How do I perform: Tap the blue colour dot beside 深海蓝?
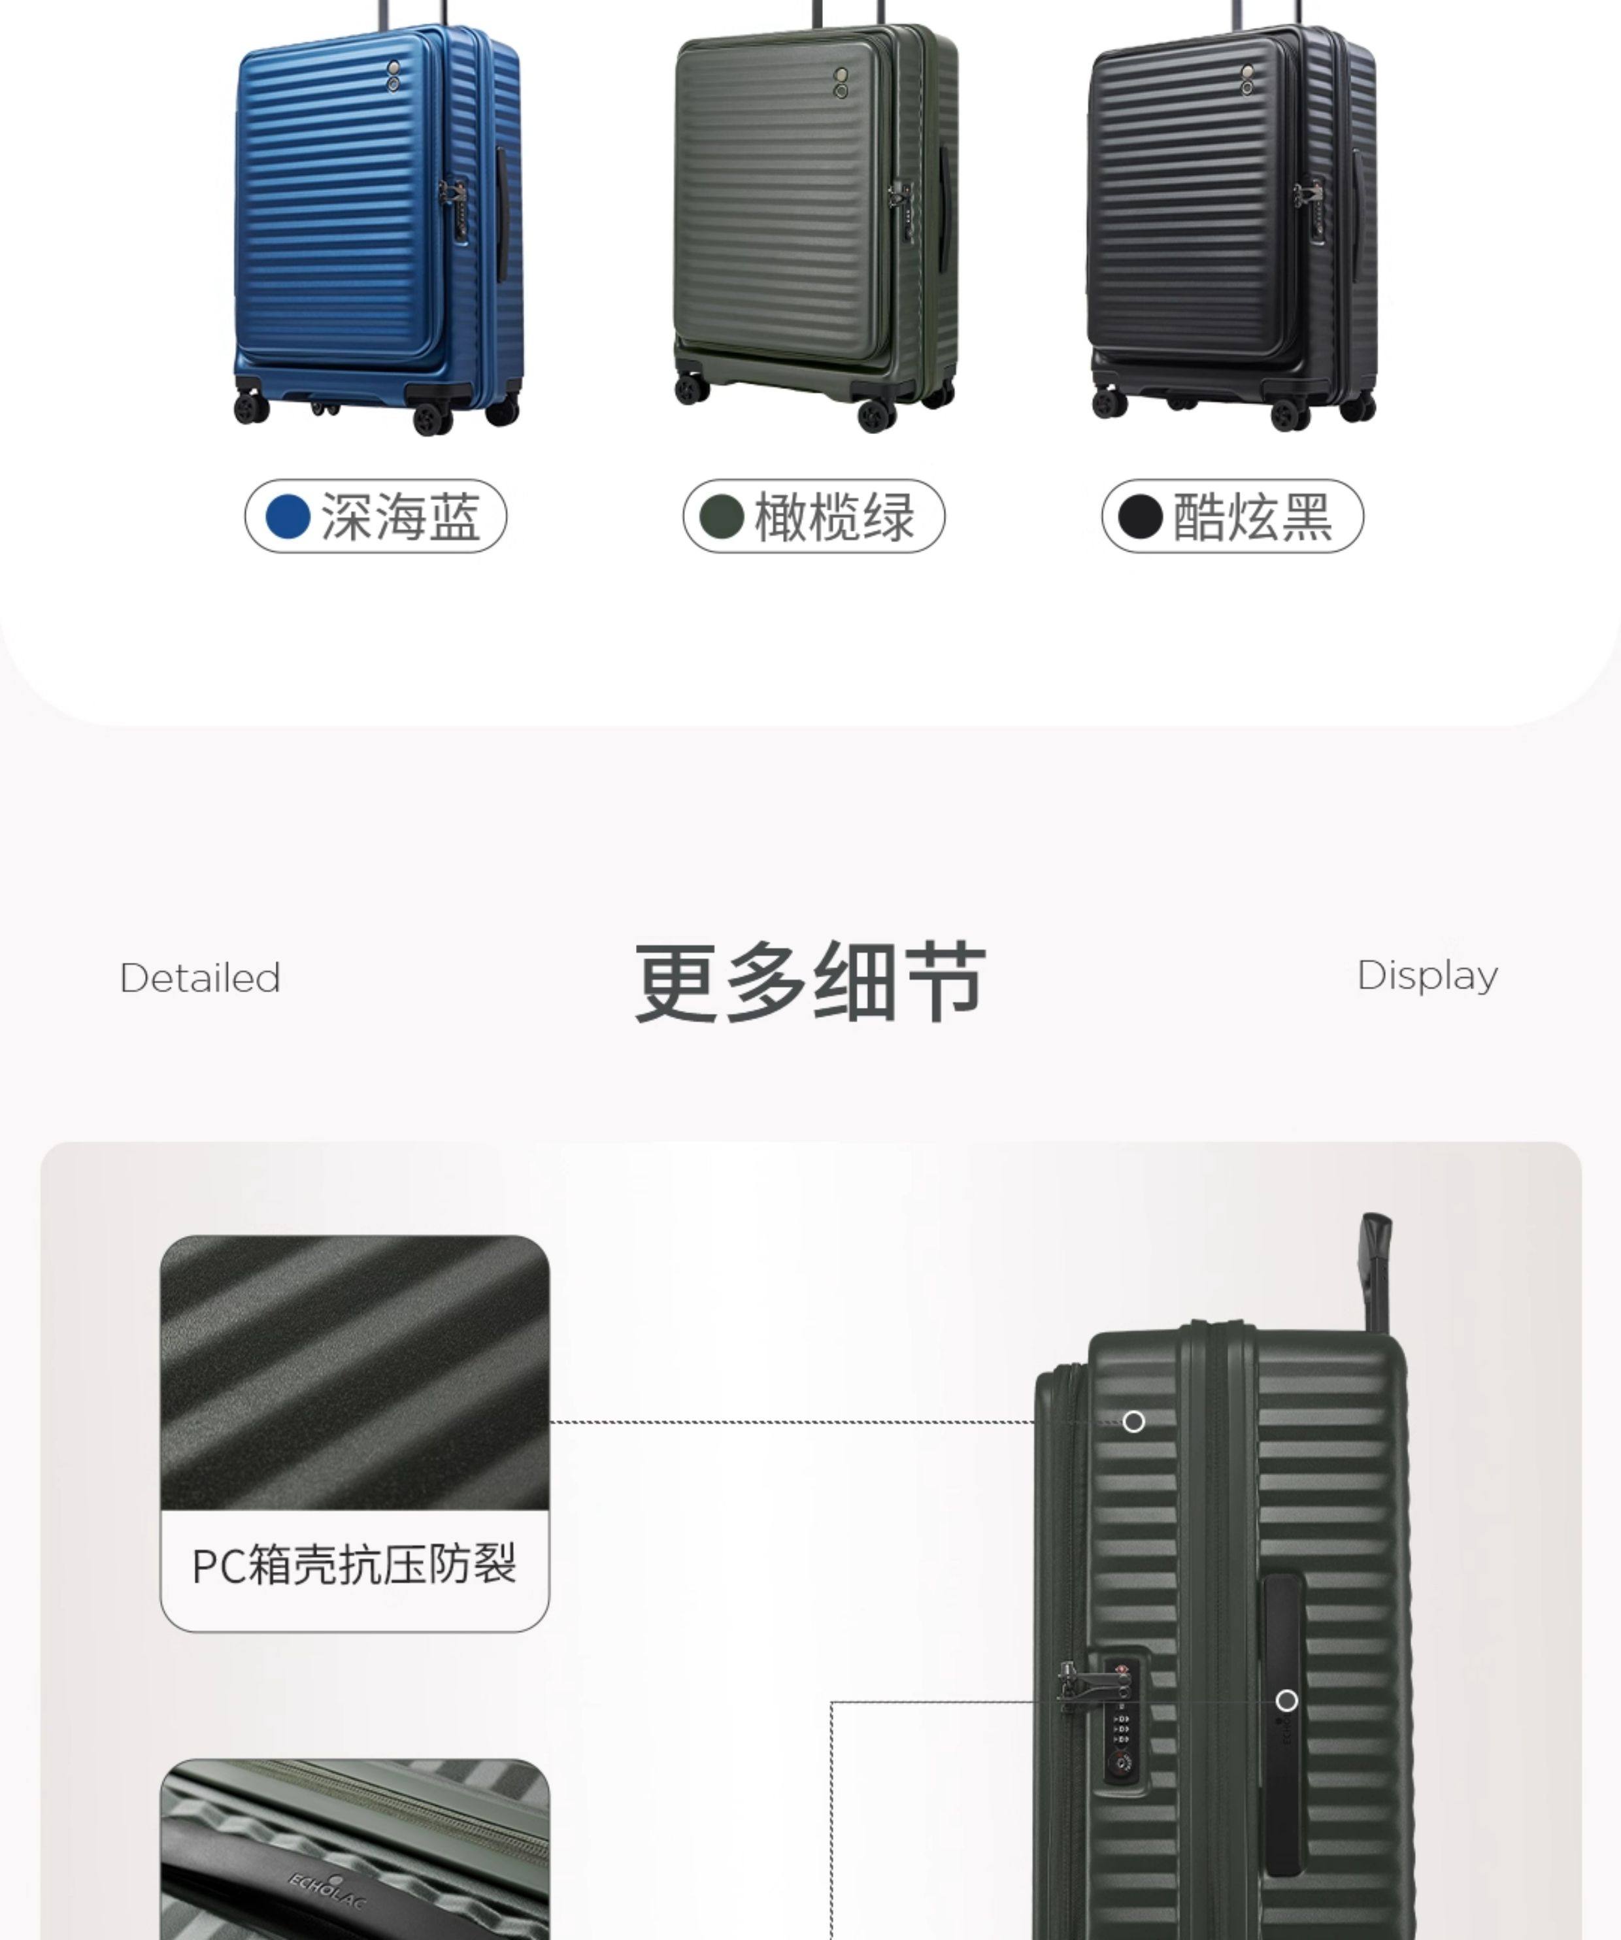click(x=287, y=516)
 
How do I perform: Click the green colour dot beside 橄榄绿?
click(x=722, y=516)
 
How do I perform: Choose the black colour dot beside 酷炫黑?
click(x=1140, y=516)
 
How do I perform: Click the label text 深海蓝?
click(x=401, y=516)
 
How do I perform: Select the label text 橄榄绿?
click(x=835, y=516)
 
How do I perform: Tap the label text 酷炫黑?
click(x=1252, y=516)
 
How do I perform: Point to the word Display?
click(x=1427, y=975)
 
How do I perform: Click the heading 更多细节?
click(x=810, y=981)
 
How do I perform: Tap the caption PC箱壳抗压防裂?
click(x=354, y=1565)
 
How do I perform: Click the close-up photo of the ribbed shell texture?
click(x=355, y=1374)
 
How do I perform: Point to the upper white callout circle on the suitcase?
click(x=1133, y=1422)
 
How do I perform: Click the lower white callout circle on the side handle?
click(x=1286, y=1701)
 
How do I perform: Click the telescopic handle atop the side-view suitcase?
click(x=1375, y=1270)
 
